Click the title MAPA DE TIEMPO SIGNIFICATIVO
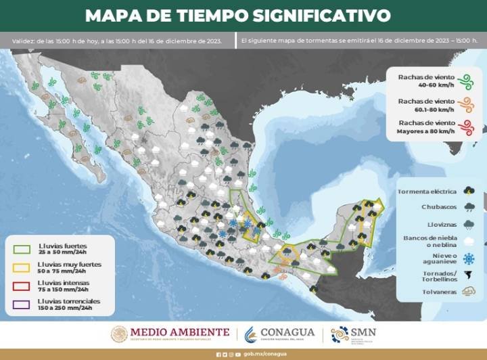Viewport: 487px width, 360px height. click(x=238, y=15)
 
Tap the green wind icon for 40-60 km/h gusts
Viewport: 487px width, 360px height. click(x=465, y=82)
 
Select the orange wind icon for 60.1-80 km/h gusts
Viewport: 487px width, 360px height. click(x=465, y=105)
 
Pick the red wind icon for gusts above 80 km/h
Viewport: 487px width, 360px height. click(x=465, y=127)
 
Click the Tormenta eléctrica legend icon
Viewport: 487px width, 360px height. click(x=469, y=191)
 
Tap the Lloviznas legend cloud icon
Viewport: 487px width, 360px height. click(x=469, y=224)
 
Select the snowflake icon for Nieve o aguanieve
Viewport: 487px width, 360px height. click(x=469, y=258)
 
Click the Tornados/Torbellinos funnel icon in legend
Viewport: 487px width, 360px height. click(x=469, y=275)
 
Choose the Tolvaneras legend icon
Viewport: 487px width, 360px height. click(x=468, y=292)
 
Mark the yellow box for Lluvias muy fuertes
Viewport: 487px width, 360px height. click(x=21, y=267)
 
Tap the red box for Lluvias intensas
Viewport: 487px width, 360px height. click(x=21, y=285)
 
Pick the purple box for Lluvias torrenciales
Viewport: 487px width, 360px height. click(x=21, y=304)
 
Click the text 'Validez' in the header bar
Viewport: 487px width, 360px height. click(x=23, y=41)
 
